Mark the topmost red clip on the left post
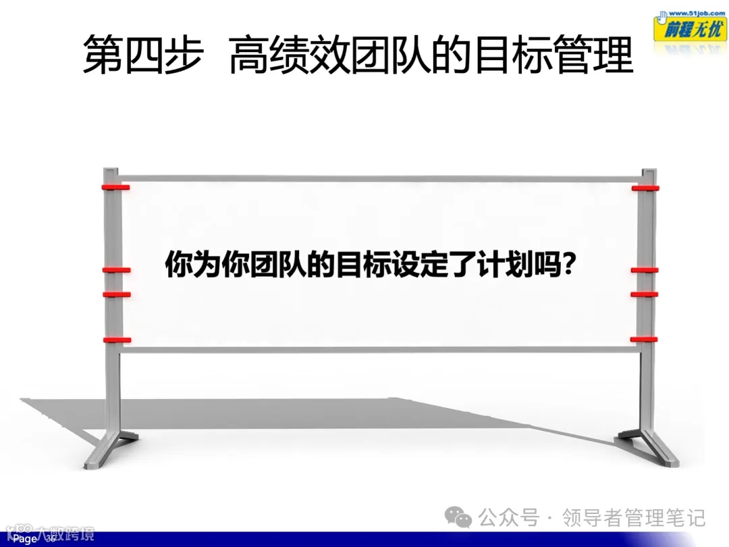[x=115, y=186]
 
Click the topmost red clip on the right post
[x=645, y=188]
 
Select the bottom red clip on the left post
[x=116, y=340]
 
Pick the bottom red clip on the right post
[x=644, y=338]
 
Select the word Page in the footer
[x=26, y=539]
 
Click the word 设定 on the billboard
[x=418, y=265]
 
